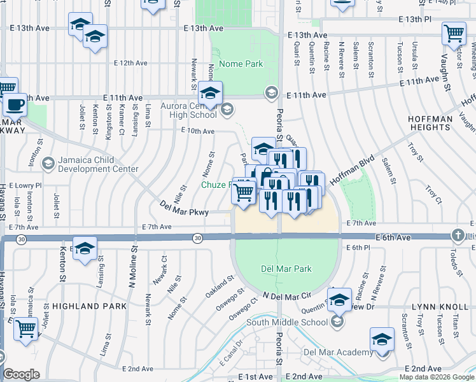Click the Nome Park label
241,64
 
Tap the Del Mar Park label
286,269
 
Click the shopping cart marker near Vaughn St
453,32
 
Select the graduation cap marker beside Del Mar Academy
382,339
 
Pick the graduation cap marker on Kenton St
84,250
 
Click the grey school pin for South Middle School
338,322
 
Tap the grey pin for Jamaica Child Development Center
48,164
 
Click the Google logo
21,374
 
